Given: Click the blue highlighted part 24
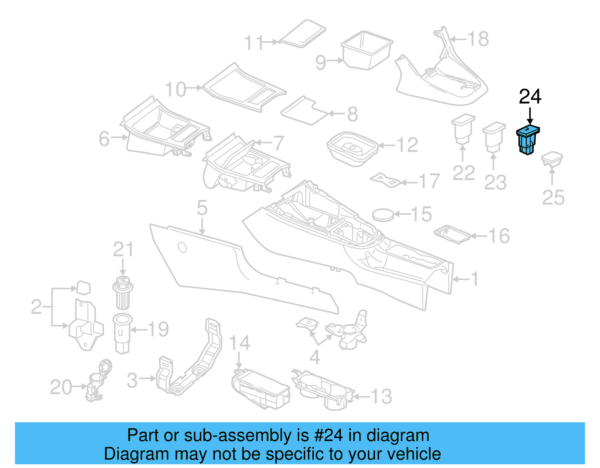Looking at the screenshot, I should click(528, 141).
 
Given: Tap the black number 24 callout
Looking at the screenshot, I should click(530, 97).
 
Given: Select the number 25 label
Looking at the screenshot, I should click(553, 197).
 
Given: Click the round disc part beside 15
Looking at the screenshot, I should click(383, 215).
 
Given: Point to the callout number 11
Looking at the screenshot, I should click(254, 43).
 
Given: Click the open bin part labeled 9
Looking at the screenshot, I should click(366, 50).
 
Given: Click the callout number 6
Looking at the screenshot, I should click(104, 139).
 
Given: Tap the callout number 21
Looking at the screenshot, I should click(123, 250).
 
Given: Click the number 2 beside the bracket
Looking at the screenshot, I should click(36, 307).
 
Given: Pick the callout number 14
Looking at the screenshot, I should click(239, 343).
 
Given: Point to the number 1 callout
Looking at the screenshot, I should click(475, 279).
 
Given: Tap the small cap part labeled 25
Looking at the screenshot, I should click(552, 160).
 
